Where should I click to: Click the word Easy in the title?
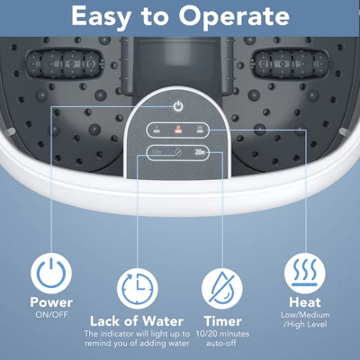coord(101,17)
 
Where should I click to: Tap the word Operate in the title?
coord(234,17)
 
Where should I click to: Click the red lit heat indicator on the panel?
coord(178,130)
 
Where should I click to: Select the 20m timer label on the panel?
coord(200,152)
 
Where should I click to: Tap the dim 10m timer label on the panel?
coord(157,152)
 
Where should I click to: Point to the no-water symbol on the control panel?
coord(178,152)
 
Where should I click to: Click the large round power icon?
coord(51,273)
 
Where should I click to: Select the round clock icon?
coord(138,289)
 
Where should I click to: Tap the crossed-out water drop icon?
coord(222,289)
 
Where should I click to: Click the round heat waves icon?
coord(305,273)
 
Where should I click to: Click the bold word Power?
coord(51,302)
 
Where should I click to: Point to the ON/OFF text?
coord(51,315)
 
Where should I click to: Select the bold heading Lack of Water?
coord(137,321)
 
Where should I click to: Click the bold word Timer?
coord(223,321)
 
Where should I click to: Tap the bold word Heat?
coord(305,302)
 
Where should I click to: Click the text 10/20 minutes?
coord(222,334)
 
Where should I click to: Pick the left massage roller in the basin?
coord(64,64)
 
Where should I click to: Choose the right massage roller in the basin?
coord(292,64)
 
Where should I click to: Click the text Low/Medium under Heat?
coord(305,315)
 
